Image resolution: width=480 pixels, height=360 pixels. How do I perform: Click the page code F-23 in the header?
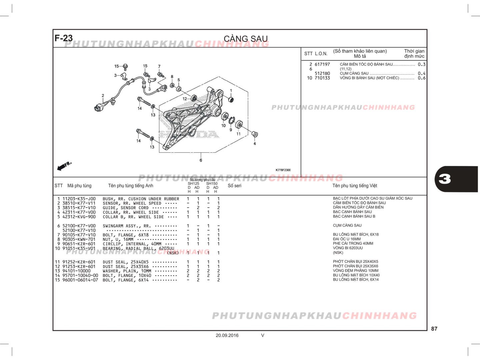(63, 38)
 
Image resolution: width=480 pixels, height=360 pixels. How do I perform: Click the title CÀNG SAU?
(246, 39)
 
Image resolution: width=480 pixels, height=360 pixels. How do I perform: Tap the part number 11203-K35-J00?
(79, 199)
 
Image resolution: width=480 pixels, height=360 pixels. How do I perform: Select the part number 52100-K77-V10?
(79, 230)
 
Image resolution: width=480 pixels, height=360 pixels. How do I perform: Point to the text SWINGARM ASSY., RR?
(127, 226)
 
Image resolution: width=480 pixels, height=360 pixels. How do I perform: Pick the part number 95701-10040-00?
(80, 275)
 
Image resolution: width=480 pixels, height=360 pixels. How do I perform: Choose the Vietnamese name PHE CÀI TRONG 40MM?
(353, 243)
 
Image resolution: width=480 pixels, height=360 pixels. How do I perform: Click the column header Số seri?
(234, 186)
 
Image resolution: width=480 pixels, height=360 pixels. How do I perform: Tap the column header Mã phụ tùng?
(79, 186)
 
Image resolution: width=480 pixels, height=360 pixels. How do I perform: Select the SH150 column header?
(212, 184)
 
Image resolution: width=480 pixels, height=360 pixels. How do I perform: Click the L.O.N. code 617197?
(322, 64)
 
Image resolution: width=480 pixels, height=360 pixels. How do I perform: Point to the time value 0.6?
(421, 78)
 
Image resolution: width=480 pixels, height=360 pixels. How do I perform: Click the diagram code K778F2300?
(283, 170)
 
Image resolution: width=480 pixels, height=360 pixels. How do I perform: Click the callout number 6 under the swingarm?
(201, 160)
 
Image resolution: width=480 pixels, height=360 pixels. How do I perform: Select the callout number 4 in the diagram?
(255, 144)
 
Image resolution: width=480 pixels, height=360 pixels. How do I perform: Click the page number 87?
(434, 329)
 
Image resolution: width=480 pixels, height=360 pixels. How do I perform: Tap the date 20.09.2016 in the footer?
(227, 335)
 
